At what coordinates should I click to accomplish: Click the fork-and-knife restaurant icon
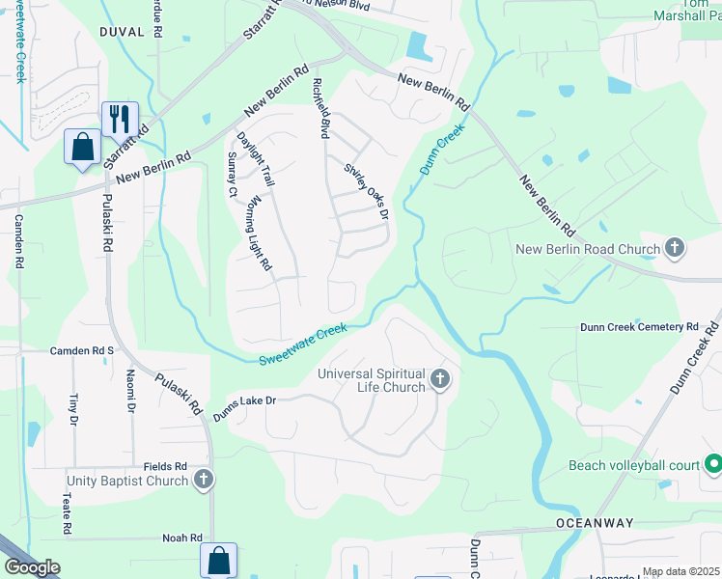(120, 119)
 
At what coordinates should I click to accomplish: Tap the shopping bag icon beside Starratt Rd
(83, 148)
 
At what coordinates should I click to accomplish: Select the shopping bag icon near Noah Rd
(218, 560)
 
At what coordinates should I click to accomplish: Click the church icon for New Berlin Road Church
(675, 249)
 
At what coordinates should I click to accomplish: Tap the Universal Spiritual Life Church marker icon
(440, 378)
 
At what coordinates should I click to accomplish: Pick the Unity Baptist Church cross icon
(203, 480)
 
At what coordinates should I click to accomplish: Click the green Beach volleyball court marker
(713, 465)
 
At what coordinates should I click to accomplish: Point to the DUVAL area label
(122, 32)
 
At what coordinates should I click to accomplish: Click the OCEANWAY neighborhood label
(595, 523)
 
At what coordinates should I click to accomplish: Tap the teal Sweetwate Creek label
(302, 345)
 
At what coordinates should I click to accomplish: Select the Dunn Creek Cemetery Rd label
(638, 327)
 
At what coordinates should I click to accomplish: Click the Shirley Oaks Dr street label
(366, 189)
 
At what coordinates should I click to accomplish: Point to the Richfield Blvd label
(321, 107)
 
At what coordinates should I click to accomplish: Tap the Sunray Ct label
(232, 175)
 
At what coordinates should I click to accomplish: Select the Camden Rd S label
(82, 350)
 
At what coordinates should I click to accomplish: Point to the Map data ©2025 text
(680, 572)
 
